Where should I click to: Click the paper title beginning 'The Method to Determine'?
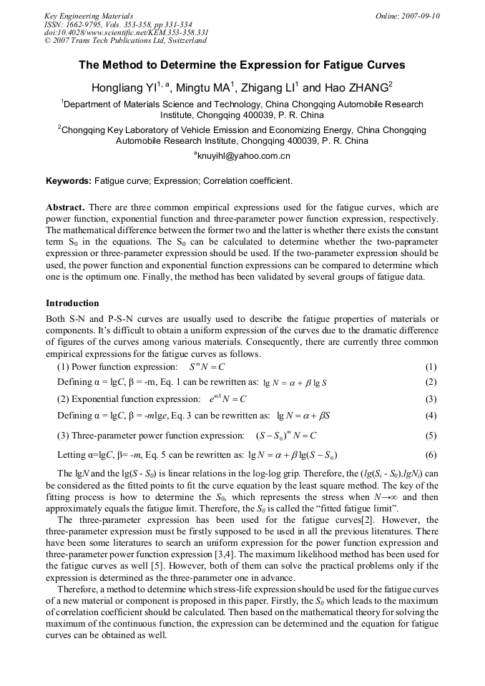point(242,65)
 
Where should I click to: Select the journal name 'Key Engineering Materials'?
point(89,16)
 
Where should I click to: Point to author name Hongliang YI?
point(126,88)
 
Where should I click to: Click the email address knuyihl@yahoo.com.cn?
point(243,155)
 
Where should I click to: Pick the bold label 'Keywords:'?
point(68,182)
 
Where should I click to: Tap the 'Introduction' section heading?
point(72,303)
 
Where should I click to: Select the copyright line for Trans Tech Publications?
point(125,41)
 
